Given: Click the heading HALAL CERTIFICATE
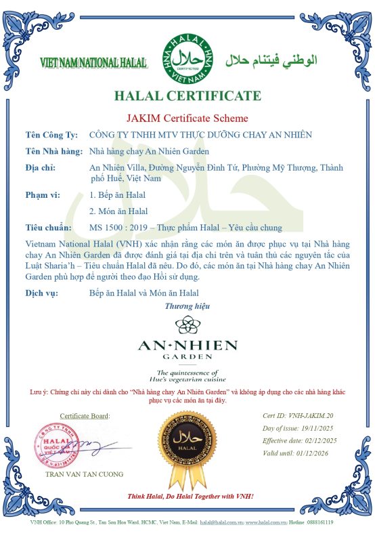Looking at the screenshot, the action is click(187, 96).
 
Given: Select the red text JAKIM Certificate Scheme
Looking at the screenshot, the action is click(187, 119).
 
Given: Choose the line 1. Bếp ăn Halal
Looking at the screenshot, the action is click(118, 196).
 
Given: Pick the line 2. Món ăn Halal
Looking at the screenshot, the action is click(118, 211).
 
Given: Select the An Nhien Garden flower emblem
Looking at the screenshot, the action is click(187, 326).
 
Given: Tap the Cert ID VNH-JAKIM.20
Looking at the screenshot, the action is click(309, 415).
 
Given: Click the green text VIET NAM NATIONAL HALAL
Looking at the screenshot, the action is click(93, 62).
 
